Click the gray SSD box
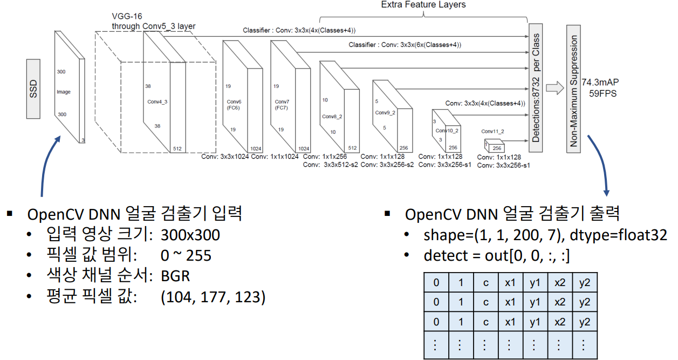click(x=32, y=89)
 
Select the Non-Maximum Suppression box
click(x=574, y=89)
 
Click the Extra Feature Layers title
click(x=423, y=5)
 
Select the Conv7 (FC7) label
click(x=282, y=105)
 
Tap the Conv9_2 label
click(x=385, y=112)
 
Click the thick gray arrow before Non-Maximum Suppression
click(x=554, y=88)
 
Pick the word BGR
click(x=175, y=276)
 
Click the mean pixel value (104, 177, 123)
click(x=213, y=297)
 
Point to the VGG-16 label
click(x=126, y=17)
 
